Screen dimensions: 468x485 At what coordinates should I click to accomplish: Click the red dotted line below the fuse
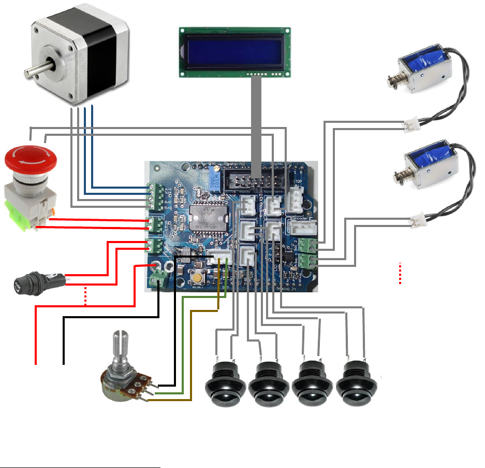(86, 296)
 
